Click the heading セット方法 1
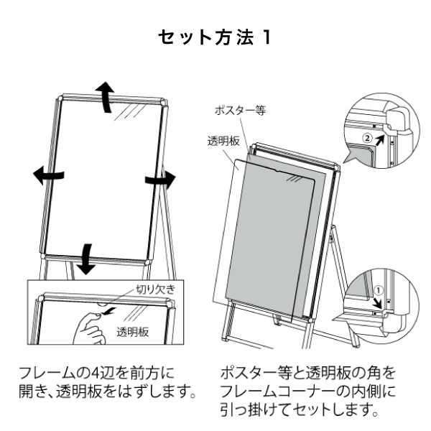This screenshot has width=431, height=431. pyautogui.click(x=215, y=37)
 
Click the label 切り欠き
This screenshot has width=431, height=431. pyautogui.click(x=155, y=289)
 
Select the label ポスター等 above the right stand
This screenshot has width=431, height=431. pyautogui.click(x=236, y=111)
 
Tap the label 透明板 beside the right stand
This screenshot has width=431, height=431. pyautogui.click(x=223, y=141)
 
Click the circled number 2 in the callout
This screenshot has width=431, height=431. pyautogui.click(x=366, y=134)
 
